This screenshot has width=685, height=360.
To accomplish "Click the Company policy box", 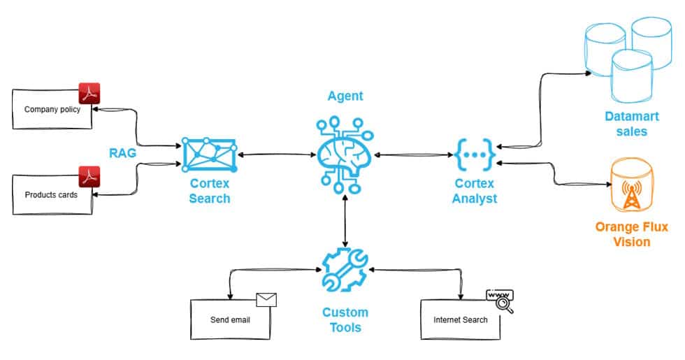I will click(52, 110).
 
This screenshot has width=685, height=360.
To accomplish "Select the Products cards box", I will click(52, 195).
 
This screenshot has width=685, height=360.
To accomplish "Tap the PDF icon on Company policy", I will click(89, 94).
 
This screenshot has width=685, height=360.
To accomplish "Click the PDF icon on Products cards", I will click(89, 178).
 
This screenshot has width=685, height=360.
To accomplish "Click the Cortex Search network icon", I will click(209, 154).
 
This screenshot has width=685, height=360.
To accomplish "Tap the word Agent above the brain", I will click(345, 96).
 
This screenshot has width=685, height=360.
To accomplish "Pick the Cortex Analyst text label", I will click(475, 191).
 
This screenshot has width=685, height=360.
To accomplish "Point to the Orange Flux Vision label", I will click(631, 234).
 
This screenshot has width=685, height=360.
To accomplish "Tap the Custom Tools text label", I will click(345, 319).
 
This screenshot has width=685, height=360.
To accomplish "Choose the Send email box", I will click(230, 320).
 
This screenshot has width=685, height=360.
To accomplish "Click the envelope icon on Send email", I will click(266, 300).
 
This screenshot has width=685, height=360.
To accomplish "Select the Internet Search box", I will click(460, 320).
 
